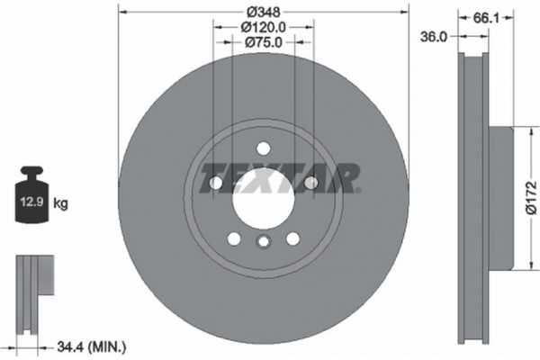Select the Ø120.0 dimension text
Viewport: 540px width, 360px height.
point(264,27)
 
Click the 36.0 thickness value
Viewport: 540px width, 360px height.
point(435,37)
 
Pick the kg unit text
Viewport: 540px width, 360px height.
point(61,204)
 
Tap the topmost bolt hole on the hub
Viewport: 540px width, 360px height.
point(264,148)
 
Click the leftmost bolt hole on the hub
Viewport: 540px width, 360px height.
point(216,184)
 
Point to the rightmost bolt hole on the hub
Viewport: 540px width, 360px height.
point(311,184)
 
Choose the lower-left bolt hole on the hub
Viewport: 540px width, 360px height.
point(234,238)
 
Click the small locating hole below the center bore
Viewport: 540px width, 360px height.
point(264,241)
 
